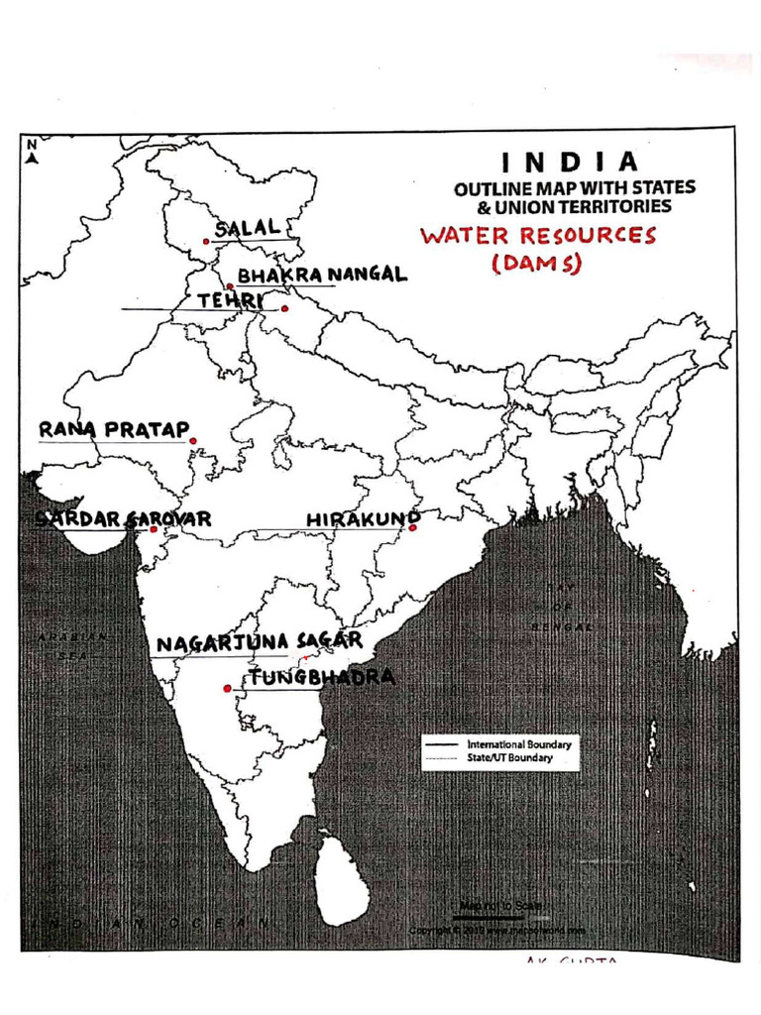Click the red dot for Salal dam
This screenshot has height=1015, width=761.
point(206,241)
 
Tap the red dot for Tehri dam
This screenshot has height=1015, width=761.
point(284,308)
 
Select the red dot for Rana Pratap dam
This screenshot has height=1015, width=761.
point(193,441)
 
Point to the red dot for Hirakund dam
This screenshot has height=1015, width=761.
point(413,528)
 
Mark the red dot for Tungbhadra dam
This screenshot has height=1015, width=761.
point(227,688)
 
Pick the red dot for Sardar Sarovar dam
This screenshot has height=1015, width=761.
point(154,529)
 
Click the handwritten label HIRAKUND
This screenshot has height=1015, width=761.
point(363,518)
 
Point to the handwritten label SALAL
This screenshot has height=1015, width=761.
point(248,228)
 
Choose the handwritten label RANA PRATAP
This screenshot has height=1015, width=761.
point(113,430)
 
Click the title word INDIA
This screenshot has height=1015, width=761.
point(568,162)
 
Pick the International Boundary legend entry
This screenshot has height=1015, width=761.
point(497,743)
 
